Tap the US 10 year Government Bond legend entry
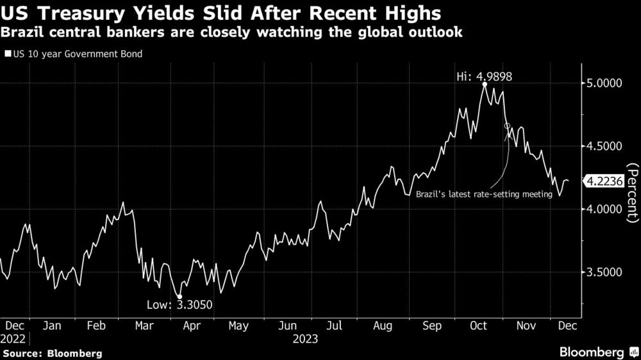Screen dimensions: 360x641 (74, 54)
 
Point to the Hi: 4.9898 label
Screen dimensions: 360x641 (485, 76)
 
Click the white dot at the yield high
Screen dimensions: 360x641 (485, 84)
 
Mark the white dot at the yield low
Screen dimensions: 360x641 (179, 296)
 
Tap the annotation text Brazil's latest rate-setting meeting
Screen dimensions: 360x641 (484, 194)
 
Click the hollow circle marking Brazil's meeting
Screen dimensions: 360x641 (508, 127)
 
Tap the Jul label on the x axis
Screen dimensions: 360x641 (334, 326)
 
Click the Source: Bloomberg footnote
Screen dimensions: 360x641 (52, 353)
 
